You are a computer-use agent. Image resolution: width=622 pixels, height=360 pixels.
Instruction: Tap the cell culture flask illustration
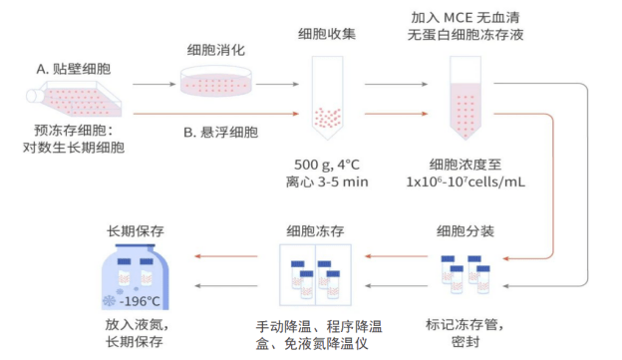coord(66,102)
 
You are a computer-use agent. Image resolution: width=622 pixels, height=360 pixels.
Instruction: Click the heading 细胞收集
coord(327,33)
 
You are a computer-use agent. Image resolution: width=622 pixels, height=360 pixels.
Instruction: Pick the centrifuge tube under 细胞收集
coord(327,100)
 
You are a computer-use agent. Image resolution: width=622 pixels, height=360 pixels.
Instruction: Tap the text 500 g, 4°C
coord(327,164)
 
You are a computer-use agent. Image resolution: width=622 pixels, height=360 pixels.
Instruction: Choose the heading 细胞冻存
coord(315,231)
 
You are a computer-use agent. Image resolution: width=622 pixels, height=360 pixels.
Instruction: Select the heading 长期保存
coord(136,231)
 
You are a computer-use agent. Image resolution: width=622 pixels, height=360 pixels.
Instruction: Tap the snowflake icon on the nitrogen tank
coord(108,300)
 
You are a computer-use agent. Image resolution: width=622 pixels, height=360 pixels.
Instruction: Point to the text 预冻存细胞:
coord(74,131)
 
